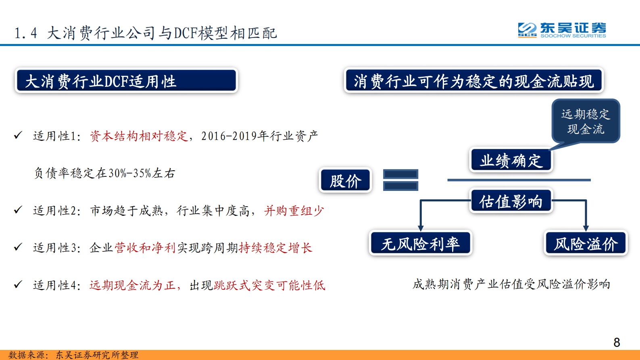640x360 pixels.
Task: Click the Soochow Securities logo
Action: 562,30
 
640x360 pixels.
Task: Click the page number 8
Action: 617,342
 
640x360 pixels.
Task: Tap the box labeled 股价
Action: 346,180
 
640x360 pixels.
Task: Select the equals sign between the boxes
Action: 400,180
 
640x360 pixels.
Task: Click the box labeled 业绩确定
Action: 511,160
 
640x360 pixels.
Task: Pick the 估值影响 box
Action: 511,201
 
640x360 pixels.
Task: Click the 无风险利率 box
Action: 420,243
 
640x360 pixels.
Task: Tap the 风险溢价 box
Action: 586,243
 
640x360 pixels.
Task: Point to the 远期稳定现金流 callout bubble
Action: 586,121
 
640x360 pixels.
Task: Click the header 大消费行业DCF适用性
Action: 126,81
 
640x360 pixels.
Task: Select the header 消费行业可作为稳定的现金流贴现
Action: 473,81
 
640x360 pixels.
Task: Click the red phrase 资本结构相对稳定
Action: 139,136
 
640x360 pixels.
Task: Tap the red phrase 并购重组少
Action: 294,211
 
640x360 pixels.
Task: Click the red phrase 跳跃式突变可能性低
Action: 269,285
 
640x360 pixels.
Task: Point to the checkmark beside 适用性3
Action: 18,247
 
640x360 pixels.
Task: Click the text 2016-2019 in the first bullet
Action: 229,136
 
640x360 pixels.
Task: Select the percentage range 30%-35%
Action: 130,173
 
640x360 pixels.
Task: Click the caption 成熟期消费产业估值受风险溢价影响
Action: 511,284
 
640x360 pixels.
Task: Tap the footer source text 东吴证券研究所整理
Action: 97,355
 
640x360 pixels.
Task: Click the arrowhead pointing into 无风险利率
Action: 421,228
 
